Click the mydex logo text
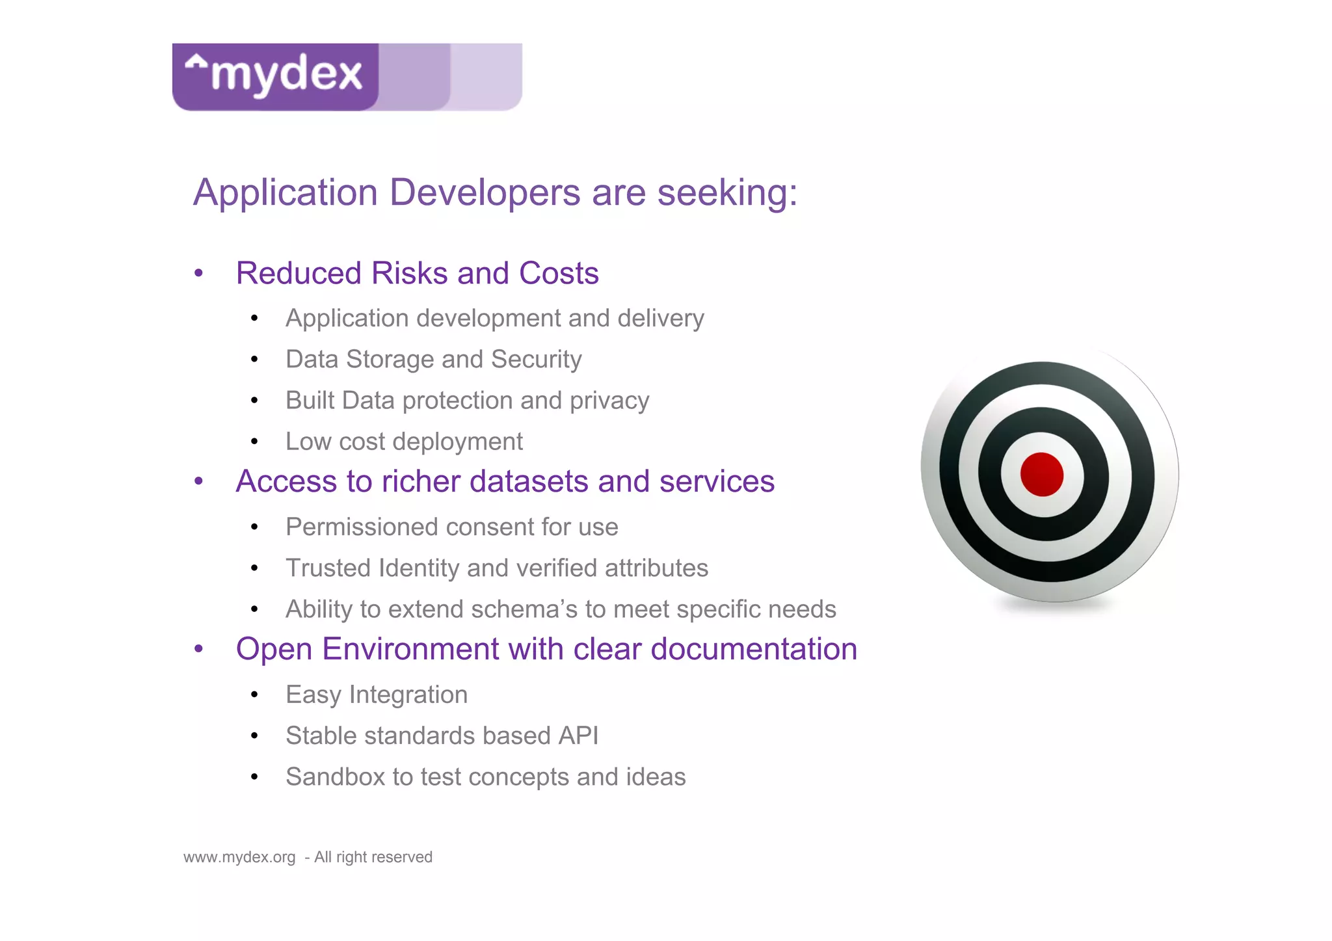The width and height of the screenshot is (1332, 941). (x=286, y=74)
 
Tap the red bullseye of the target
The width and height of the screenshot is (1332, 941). (x=1041, y=474)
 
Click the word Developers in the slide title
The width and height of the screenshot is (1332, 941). (x=485, y=192)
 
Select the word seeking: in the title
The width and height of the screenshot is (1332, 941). (x=727, y=194)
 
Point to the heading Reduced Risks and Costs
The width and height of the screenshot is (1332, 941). (x=417, y=273)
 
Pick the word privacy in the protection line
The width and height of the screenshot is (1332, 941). (x=609, y=401)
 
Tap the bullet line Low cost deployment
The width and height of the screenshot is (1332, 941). (x=404, y=442)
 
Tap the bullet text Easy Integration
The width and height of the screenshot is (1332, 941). (x=377, y=695)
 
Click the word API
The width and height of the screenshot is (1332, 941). (x=578, y=736)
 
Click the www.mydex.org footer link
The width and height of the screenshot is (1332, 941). (x=239, y=857)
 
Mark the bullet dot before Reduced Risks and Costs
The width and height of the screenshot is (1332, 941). (x=199, y=274)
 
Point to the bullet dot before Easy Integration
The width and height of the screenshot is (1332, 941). (x=254, y=695)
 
